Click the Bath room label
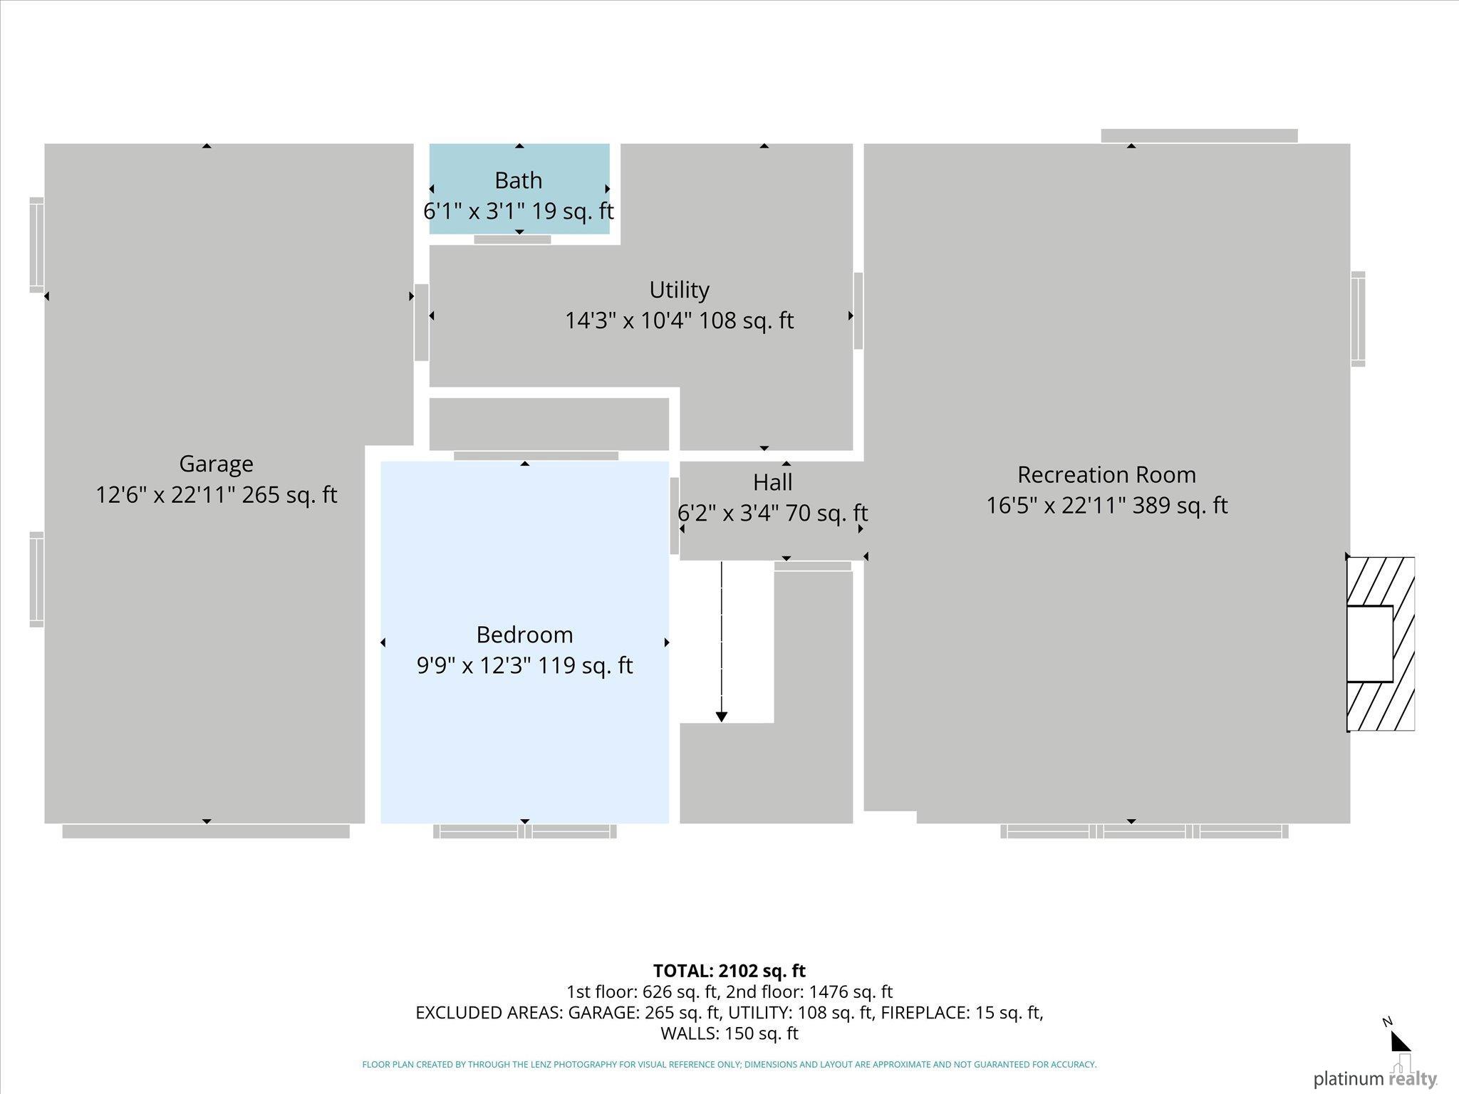pyautogui.click(x=519, y=180)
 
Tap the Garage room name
pyautogui.click(x=216, y=464)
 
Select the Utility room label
pyautogui.click(x=679, y=290)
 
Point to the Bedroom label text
pyautogui.click(x=524, y=635)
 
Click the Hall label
pyautogui.click(x=773, y=482)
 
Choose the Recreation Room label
pyautogui.click(x=1106, y=474)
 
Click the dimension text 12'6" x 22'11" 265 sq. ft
pyautogui.click(x=216, y=494)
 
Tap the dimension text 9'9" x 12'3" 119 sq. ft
pyautogui.click(x=524, y=665)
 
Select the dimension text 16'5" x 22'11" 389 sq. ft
pyautogui.click(x=1106, y=505)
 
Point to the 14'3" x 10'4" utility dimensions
pyautogui.click(x=679, y=321)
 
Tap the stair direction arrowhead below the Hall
pyautogui.click(x=722, y=717)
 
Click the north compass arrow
pyautogui.click(x=1400, y=1041)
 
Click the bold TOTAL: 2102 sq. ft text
pyautogui.click(x=729, y=971)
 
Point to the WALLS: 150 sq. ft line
pyautogui.click(x=729, y=1033)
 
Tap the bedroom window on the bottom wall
pyautogui.click(x=525, y=831)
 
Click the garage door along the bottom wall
pyautogui.click(x=206, y=831)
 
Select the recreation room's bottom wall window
pyautogui.click(x=1145, y=831)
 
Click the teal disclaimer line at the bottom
pyautogui.click(x=729, y=1065)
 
